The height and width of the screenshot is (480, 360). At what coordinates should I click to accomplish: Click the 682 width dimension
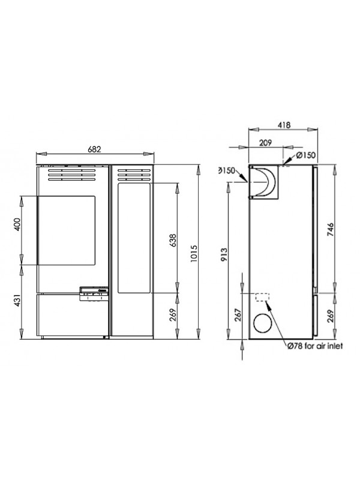(94, 149)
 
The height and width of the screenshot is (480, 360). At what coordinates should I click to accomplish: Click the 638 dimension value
(173, 241)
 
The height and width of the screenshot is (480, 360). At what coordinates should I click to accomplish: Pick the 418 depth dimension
(284, 125)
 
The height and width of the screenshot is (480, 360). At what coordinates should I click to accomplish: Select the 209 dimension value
(265, 143)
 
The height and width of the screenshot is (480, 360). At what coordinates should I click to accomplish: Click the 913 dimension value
(224, 254)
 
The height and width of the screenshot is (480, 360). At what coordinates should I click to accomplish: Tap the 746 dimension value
(331, 230)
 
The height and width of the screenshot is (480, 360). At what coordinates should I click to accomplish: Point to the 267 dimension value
(238, 314)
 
